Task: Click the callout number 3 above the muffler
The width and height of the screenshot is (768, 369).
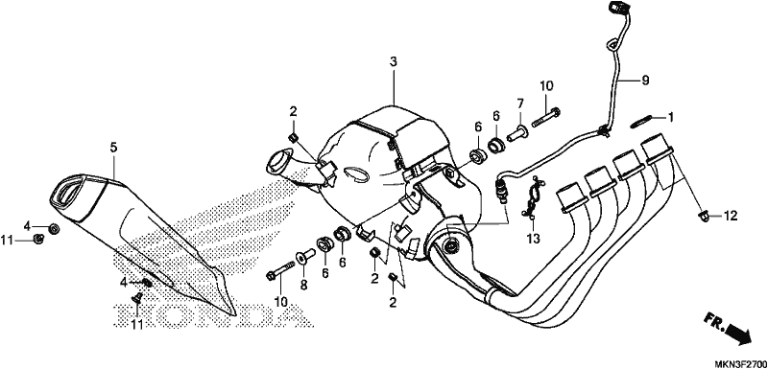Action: pyautogui.click(x=394, y=62)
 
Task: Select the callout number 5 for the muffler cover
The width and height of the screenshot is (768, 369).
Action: pyautogui.click(x=113, y=147)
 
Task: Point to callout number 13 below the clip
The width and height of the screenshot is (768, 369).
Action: pyautogui.click(x=533, y=239)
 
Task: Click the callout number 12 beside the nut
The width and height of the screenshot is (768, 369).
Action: pyautogui.click(x=731, y=215)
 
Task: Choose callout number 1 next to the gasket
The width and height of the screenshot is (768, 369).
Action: pyautogui.click(x=670, y=117)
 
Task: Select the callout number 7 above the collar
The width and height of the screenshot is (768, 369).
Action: pyautogui.click(x=520, y=104)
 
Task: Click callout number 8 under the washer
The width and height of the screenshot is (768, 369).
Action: pyautogui.click(x=303, y=286)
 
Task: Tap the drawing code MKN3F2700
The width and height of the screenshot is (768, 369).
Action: pyautogui.click(x=739, y=363)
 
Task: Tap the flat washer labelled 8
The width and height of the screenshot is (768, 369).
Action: pyautogui.click(x=303, y=257)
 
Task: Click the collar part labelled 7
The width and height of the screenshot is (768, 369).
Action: pyautogui.click(x=517, y=132)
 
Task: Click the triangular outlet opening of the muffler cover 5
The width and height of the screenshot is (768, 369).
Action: pyautogui.click(x=70, y=193)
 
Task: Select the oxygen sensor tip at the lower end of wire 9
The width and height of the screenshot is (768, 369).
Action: pyautogui.click(x=500, y=193)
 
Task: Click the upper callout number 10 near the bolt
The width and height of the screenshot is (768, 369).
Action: pyautogui.click(x=546, y=86)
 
